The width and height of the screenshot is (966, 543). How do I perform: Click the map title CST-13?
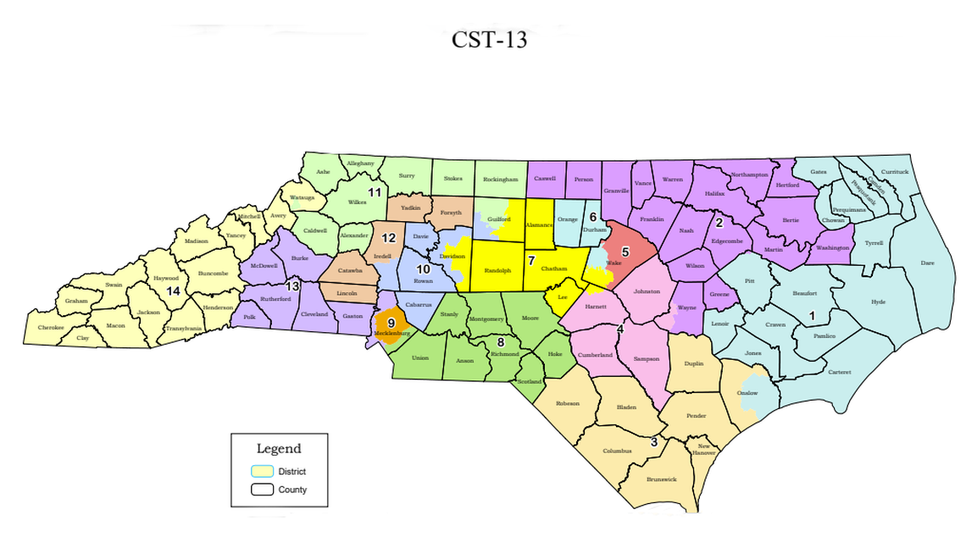point(489,39)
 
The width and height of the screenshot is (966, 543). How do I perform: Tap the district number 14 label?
point(173,291)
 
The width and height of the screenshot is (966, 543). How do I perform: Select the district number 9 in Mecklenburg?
point(391,323)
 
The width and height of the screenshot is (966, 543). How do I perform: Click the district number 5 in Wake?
point(625,252)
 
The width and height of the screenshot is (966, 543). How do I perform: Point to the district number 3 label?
point(653,442)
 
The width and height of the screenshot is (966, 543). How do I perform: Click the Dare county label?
point(928,263)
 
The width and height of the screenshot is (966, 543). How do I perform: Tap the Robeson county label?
point(568,403)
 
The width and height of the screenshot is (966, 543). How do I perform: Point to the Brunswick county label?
point(661,479)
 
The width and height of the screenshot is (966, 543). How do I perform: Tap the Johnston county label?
point(647,291)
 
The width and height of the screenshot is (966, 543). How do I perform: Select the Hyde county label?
point(877,302)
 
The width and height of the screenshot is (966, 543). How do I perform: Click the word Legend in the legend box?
point(279,449)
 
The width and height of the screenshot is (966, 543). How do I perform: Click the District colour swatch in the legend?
point(263,471)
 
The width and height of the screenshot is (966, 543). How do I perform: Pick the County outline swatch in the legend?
point(263,490)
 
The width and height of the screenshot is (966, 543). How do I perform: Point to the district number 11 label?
point(372,192)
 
